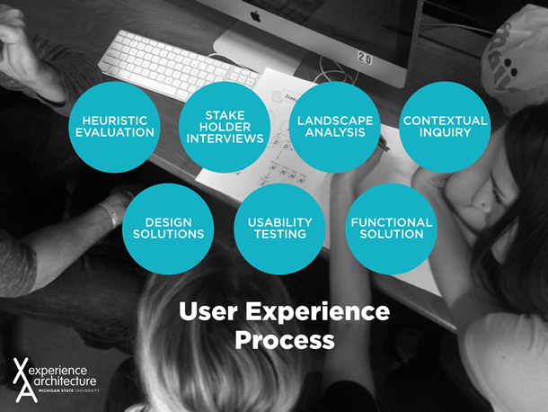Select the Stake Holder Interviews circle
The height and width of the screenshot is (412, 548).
coord(225,127)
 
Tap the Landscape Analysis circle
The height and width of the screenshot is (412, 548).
coord(335,127)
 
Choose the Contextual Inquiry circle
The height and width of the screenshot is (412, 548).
coord(445,127)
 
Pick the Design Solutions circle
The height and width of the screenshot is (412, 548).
coord(168,228)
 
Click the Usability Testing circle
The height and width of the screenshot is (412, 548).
coord(279,228)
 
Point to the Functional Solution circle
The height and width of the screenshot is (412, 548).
coord(391,228)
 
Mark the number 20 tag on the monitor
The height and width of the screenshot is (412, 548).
coord(365,58)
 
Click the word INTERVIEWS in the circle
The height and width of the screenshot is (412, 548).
coord(225,139)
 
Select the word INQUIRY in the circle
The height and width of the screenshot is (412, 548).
coord(445,133)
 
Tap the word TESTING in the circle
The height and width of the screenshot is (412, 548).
coord(279,234)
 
